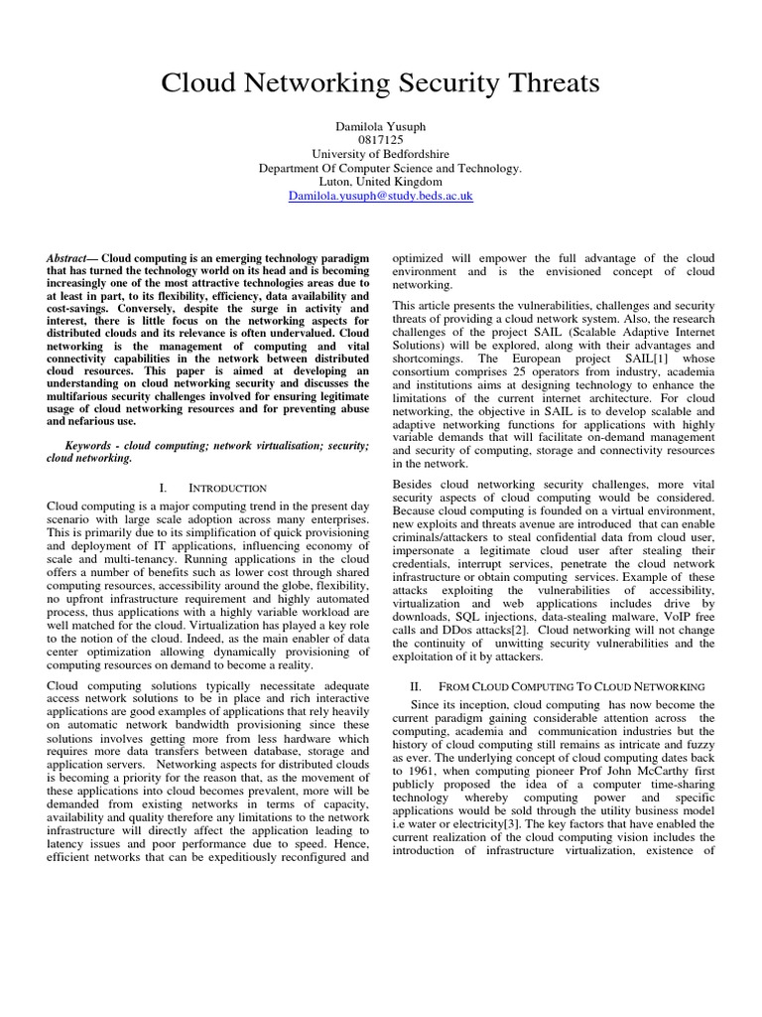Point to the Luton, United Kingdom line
click(x=380, y=183)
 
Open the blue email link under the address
click(x=380, y=198)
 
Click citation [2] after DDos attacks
click(x=523, y=630)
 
